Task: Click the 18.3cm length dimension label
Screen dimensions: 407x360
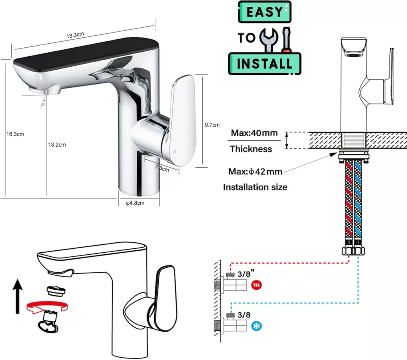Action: [75, 35]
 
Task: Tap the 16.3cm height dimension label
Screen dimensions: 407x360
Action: [15, 134]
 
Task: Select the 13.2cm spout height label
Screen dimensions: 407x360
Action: [57, 145]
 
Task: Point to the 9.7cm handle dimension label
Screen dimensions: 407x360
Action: [212, 125]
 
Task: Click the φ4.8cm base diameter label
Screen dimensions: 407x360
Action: [135, 203]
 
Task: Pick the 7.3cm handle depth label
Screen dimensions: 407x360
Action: [162, 168]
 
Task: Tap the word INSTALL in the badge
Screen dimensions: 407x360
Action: [264, 64]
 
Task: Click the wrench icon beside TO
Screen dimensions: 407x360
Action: [269, 40]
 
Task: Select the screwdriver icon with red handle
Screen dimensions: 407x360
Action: [286, 39]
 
